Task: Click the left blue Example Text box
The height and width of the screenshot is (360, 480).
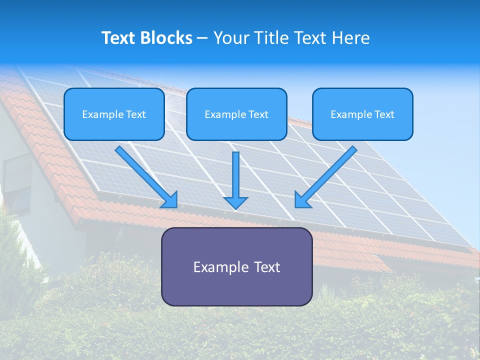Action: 114,114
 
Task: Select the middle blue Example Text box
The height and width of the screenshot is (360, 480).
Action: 236,114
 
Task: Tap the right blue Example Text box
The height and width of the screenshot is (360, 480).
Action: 362,114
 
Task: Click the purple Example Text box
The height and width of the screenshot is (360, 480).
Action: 236,266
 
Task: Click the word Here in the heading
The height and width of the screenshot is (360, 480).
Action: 352,38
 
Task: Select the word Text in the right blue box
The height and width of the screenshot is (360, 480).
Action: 384,114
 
